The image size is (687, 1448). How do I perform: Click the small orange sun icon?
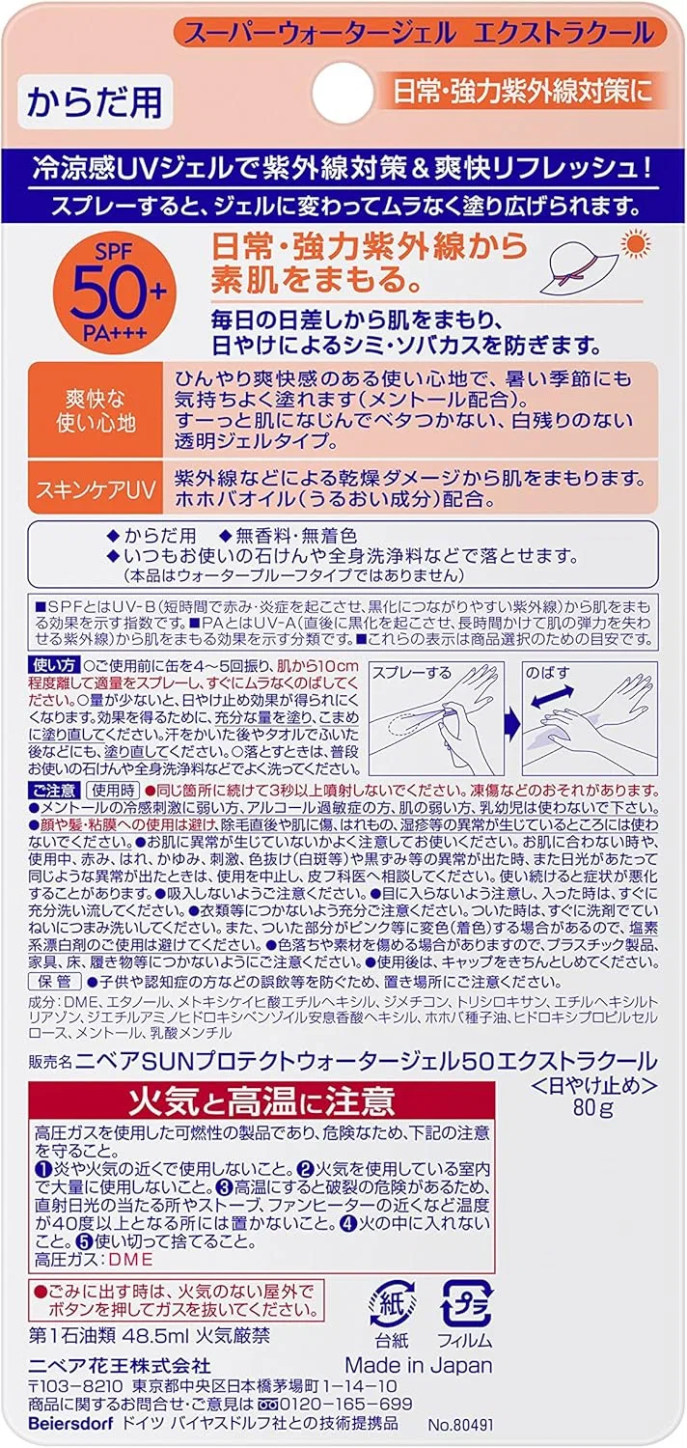tap(635, 244)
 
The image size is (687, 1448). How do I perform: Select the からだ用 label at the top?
tap(95, 102)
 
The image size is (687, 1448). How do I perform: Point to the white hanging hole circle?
tap(343, 94)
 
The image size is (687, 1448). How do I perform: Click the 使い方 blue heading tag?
tap(54, 665)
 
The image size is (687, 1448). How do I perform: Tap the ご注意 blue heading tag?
tap(54, 790)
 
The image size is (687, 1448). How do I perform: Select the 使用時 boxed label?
tap(113, 790)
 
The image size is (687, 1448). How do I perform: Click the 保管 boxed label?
tap(55, 982)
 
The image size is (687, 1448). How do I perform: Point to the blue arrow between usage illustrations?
tap(512, 722)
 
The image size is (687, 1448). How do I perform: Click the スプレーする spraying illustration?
tap(435, 718)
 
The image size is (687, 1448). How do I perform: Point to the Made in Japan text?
tap(419, 1365)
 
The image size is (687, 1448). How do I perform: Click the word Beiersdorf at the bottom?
tap(70, 1424)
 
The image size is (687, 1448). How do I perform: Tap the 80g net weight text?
tap(592, 1107)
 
